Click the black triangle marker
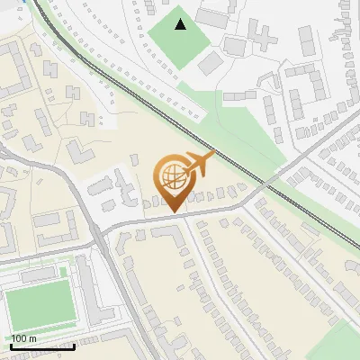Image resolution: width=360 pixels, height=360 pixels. tap(181, 24)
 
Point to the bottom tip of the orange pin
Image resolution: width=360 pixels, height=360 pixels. tap(173, 212)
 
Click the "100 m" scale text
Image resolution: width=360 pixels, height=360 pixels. tap(23, 338)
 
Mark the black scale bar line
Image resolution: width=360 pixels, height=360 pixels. tap(41, 346)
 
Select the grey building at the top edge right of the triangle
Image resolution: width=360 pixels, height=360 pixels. tap(213, 16)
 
